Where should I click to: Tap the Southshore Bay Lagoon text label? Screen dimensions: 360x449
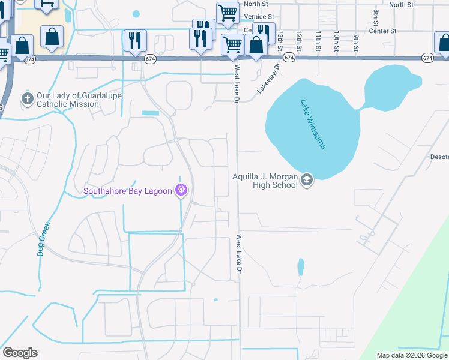(128, 192)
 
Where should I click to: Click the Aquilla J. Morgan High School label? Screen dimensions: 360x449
(265, 181)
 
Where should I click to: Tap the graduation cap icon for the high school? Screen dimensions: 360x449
(307, 180)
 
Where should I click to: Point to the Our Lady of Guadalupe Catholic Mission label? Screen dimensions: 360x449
(67, 100)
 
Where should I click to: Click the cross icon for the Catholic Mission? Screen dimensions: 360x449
(26, 99)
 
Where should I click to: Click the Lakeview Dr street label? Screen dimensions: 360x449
(268, 79)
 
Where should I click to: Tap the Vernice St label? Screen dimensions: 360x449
(259, 17)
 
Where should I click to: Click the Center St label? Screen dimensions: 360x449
(384, 31)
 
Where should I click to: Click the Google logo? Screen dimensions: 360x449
(20, 353)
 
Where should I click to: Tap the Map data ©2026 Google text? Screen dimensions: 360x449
(412, 355)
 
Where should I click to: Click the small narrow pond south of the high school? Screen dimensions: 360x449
(300, 267)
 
